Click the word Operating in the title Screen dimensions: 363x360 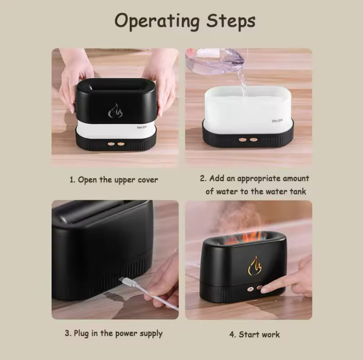(157, 21)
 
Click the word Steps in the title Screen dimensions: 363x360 (231, 20)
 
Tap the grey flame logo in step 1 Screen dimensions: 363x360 (115, 111)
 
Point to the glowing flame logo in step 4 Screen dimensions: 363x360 (255, 266)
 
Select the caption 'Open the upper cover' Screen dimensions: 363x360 (118, 180)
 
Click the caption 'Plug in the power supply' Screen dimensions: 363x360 (118, 333)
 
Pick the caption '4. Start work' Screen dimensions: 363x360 (255, 334)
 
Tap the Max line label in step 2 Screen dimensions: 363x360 (277, 121)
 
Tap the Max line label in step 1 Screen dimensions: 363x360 (142, 127)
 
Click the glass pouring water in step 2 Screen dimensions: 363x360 (215, 60)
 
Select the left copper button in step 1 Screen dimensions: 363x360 (111, 144)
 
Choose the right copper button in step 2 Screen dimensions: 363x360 (254, 140)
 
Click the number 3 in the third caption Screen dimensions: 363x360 (67, 333)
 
